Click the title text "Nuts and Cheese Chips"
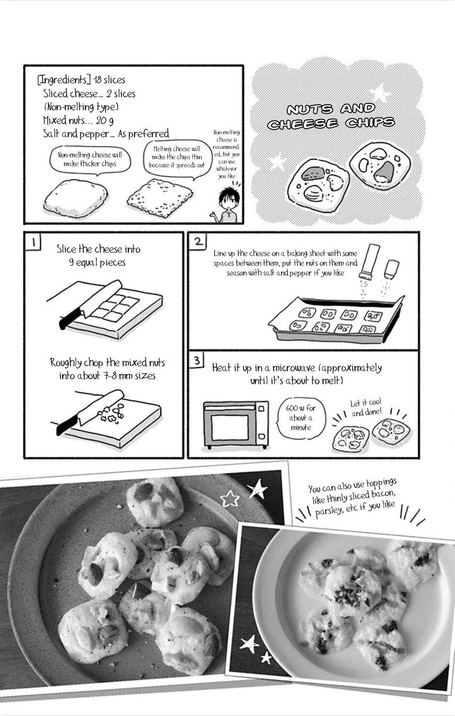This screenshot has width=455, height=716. (x=331, y=116)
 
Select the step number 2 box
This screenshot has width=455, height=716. (x=198, y=241)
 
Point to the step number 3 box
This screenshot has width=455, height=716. (x=197, y=360)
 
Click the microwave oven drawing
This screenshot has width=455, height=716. (x=236, y=425)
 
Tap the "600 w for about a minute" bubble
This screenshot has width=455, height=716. (x=301, y=417)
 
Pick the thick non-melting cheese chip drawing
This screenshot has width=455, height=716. (x=75, y=197)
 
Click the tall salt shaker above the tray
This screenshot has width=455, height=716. (x=369, y=261)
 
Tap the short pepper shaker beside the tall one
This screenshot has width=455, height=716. (x=392, y=269)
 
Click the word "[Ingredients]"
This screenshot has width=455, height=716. (x=62, y=80)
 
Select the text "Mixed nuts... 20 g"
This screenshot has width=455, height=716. (x=79, y=120)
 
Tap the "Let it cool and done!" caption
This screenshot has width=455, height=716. (x=366, y=407)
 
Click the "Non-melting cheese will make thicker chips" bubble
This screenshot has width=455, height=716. (x=90, y=160)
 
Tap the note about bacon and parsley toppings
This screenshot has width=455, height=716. (x=353, y=498)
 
